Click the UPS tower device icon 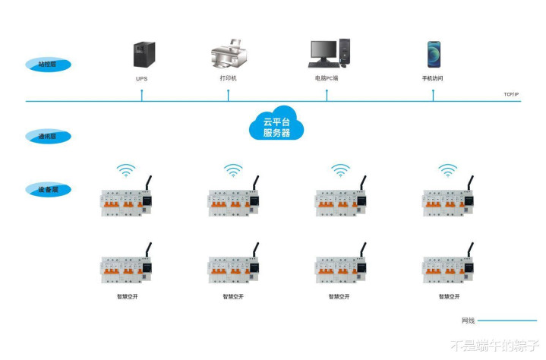click(141, 54)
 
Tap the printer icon click(229, 55)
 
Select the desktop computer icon click(328, 53)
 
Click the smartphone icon click(433, 54)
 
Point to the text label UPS click(141, 78)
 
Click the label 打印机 click(229, 78)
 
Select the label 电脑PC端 click(327, 78)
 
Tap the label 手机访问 click(433, 78)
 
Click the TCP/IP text click(511, 95)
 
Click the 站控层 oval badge click(48, 65)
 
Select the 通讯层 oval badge click(48, 137)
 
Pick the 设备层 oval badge click(48, 189)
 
